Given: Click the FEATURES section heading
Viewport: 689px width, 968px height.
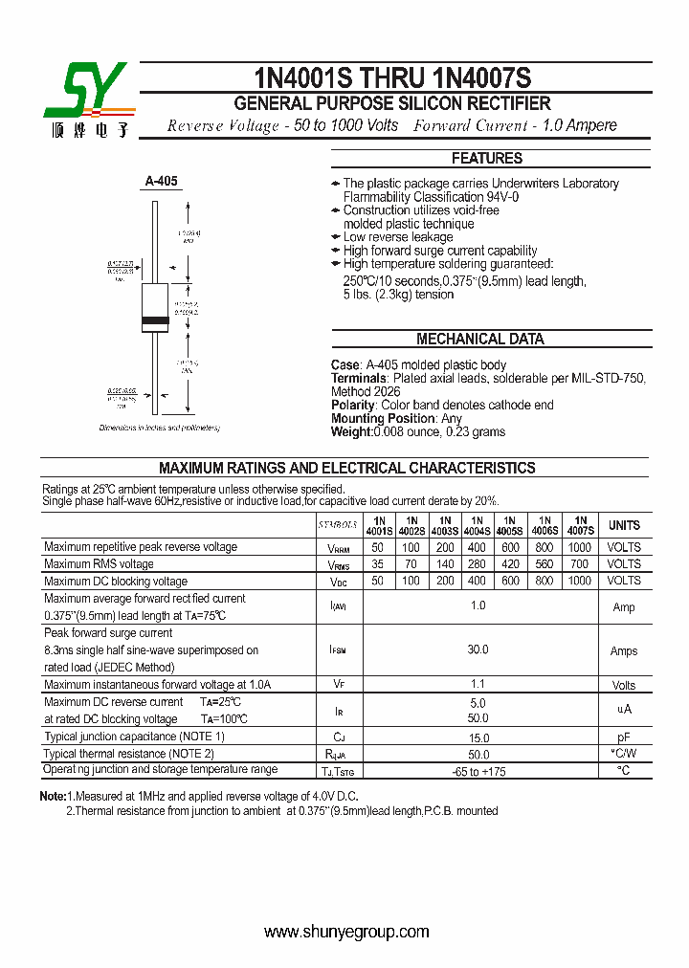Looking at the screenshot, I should pos(486,158).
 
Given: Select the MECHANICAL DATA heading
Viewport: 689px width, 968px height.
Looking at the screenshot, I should pos(479,339).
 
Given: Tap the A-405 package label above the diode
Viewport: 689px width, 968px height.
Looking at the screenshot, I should pos(161,180).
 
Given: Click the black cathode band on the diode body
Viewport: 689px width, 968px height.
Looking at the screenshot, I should pos(155,319).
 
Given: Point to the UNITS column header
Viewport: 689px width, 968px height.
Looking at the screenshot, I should pos(624,525).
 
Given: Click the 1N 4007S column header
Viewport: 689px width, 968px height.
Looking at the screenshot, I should pos(580,525).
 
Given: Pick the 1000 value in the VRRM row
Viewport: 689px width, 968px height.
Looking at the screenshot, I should pos(579,547).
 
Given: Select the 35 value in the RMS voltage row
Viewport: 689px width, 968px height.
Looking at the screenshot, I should pos(377,564).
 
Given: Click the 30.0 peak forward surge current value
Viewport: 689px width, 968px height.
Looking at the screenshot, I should pos(478,650).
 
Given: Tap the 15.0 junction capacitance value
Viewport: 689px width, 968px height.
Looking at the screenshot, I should pos(478,737).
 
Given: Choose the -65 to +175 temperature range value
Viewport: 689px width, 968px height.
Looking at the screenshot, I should pos(478,771).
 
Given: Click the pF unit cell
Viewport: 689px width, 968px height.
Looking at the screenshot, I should pos(624,737).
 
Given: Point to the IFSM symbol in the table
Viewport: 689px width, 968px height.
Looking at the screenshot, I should pos(338,650).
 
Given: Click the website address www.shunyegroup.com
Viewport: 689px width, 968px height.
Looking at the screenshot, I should pos(345,932).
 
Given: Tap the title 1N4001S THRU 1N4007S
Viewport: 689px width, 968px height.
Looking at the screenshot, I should pos(392,77).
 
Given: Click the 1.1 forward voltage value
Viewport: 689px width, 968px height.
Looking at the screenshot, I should pos(478,684).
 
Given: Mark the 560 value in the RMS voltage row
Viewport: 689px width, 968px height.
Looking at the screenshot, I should pos(544,564).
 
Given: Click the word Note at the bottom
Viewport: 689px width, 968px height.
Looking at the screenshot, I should pos(52,796).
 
